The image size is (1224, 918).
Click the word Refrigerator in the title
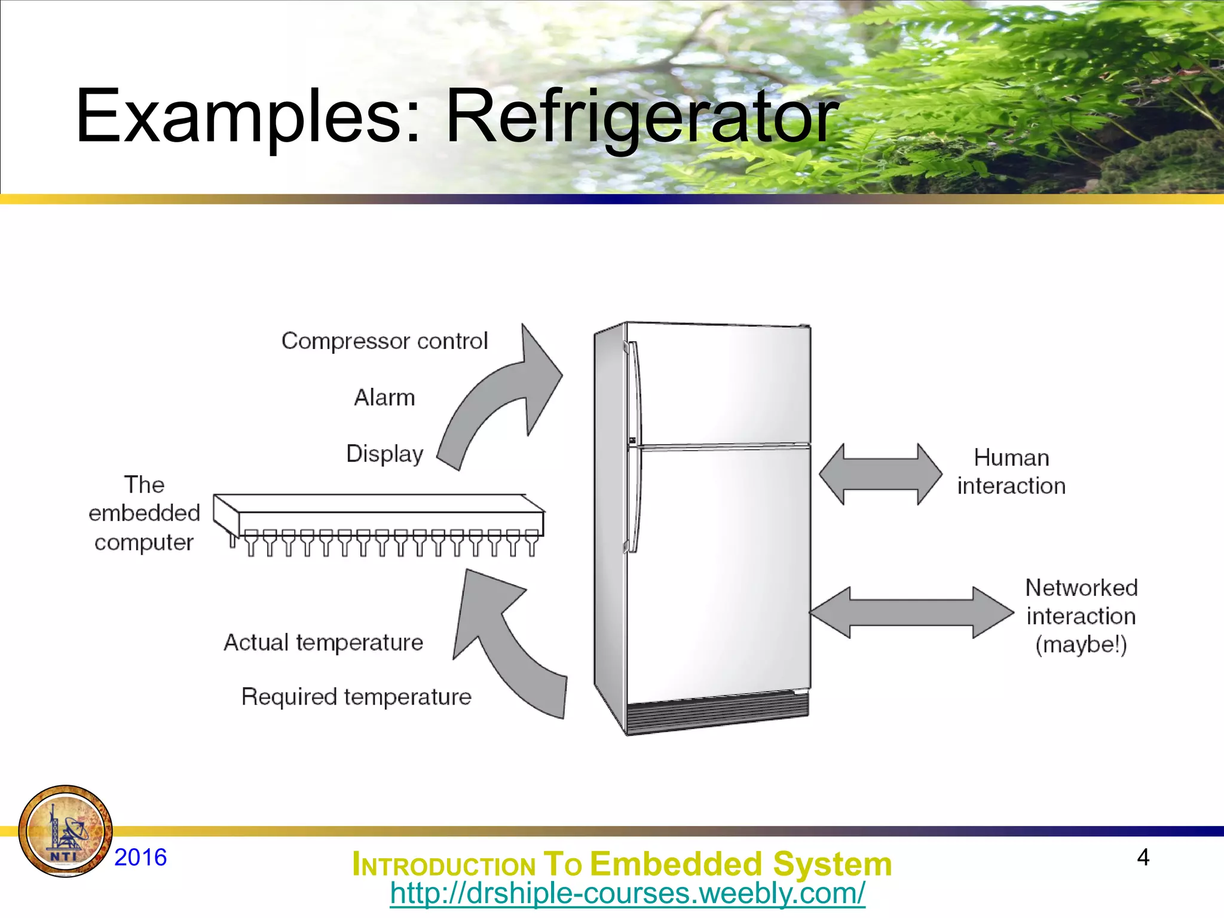642,117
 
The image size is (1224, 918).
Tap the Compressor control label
384,341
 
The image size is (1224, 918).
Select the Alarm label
384,397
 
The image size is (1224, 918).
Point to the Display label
384,454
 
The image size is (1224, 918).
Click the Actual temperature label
323,642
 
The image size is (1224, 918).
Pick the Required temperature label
356,697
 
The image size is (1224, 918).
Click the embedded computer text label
144,513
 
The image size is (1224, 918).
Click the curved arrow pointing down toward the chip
508,645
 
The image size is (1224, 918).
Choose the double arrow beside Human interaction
880,475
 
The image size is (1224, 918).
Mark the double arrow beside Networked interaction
911,613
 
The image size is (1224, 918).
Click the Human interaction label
1011,472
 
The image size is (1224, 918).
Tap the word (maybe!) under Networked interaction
1081,645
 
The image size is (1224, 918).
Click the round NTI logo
65,831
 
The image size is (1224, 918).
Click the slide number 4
1143,857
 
